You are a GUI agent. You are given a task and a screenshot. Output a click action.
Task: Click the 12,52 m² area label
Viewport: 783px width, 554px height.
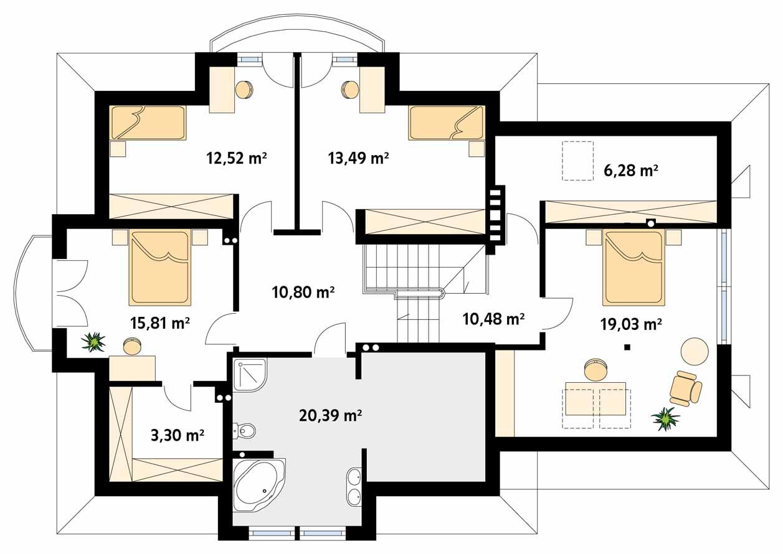tap(237, 158)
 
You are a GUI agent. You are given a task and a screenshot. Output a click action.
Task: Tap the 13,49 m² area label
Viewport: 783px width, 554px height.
tap(358, 158)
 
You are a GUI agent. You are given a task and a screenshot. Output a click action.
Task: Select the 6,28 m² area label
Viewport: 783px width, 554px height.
tap(631, 171)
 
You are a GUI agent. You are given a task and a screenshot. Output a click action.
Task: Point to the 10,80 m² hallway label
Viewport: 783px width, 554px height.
tap(303, 292)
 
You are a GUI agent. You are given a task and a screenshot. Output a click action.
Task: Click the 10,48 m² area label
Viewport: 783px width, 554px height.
tap(493, 319)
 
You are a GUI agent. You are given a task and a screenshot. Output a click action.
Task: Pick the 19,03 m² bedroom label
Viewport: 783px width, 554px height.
tap(631, 324)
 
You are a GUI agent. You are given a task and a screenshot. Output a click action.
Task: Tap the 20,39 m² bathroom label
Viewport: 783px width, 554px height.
tap(330, 416)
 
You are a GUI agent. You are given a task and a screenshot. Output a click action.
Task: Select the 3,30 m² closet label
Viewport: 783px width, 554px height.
tap(178, 436)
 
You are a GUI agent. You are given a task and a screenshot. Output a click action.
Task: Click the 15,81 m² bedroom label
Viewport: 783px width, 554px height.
tap(159, 323)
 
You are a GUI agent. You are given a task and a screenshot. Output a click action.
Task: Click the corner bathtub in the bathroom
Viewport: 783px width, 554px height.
tap(259, 486)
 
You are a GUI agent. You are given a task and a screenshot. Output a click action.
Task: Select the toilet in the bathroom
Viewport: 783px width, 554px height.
tap(245, 431)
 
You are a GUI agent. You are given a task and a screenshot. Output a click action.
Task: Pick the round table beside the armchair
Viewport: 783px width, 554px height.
tap(695, 351)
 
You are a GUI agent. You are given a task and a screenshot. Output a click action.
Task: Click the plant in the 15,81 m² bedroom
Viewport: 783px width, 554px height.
tap(93, 341)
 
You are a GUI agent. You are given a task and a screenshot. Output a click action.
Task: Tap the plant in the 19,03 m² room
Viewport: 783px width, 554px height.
tap(665, 419)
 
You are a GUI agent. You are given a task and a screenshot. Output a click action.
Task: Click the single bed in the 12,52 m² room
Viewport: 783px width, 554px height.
tap(148, 123)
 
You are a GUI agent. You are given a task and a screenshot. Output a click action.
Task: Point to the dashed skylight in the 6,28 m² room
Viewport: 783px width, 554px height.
tap(578, 161)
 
